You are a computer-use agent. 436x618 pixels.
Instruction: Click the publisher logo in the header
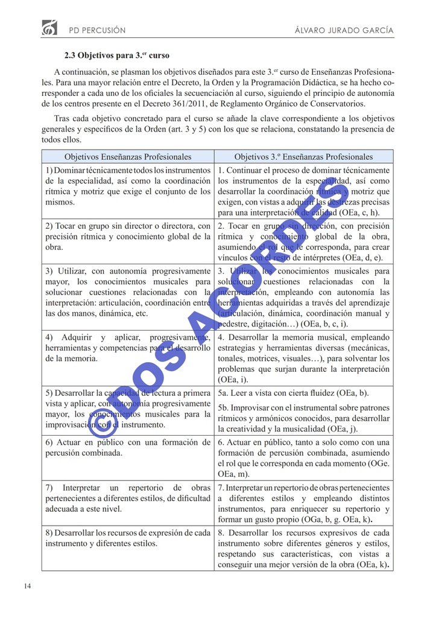tap(49, 27)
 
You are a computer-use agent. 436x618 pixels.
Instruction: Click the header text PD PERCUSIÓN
tap(97, 30)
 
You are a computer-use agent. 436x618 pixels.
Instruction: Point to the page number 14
tap(28, 586)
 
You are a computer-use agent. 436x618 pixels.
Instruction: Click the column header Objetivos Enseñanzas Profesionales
tap(127, 157)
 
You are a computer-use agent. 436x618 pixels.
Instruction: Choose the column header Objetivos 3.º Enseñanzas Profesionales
tap(303, 157)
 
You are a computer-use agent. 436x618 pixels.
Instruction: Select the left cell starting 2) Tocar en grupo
tap(127, 237)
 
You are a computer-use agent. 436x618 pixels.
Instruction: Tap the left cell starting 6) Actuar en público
tap(127, 447)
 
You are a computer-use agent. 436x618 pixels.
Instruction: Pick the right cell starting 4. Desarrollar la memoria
tap(303, 358)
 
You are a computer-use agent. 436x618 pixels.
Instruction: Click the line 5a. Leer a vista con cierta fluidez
tap(294, 393)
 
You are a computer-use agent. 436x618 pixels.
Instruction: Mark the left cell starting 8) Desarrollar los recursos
tap(127, 538)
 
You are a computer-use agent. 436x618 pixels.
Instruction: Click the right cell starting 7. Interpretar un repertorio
tap(303, 503)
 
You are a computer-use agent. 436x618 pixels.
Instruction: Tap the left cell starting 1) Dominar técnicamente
tap(127, 186)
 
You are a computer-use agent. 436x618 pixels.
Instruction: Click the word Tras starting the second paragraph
tap(62, 118)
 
